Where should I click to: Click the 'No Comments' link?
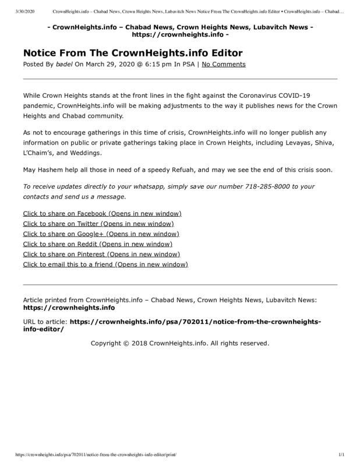tap(224, 64)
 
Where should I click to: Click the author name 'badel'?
tap(64, 64)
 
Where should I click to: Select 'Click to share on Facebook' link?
tap(102, 214)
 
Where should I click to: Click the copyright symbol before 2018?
tap(135, 343)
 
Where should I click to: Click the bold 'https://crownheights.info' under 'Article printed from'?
tap(69, 307)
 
